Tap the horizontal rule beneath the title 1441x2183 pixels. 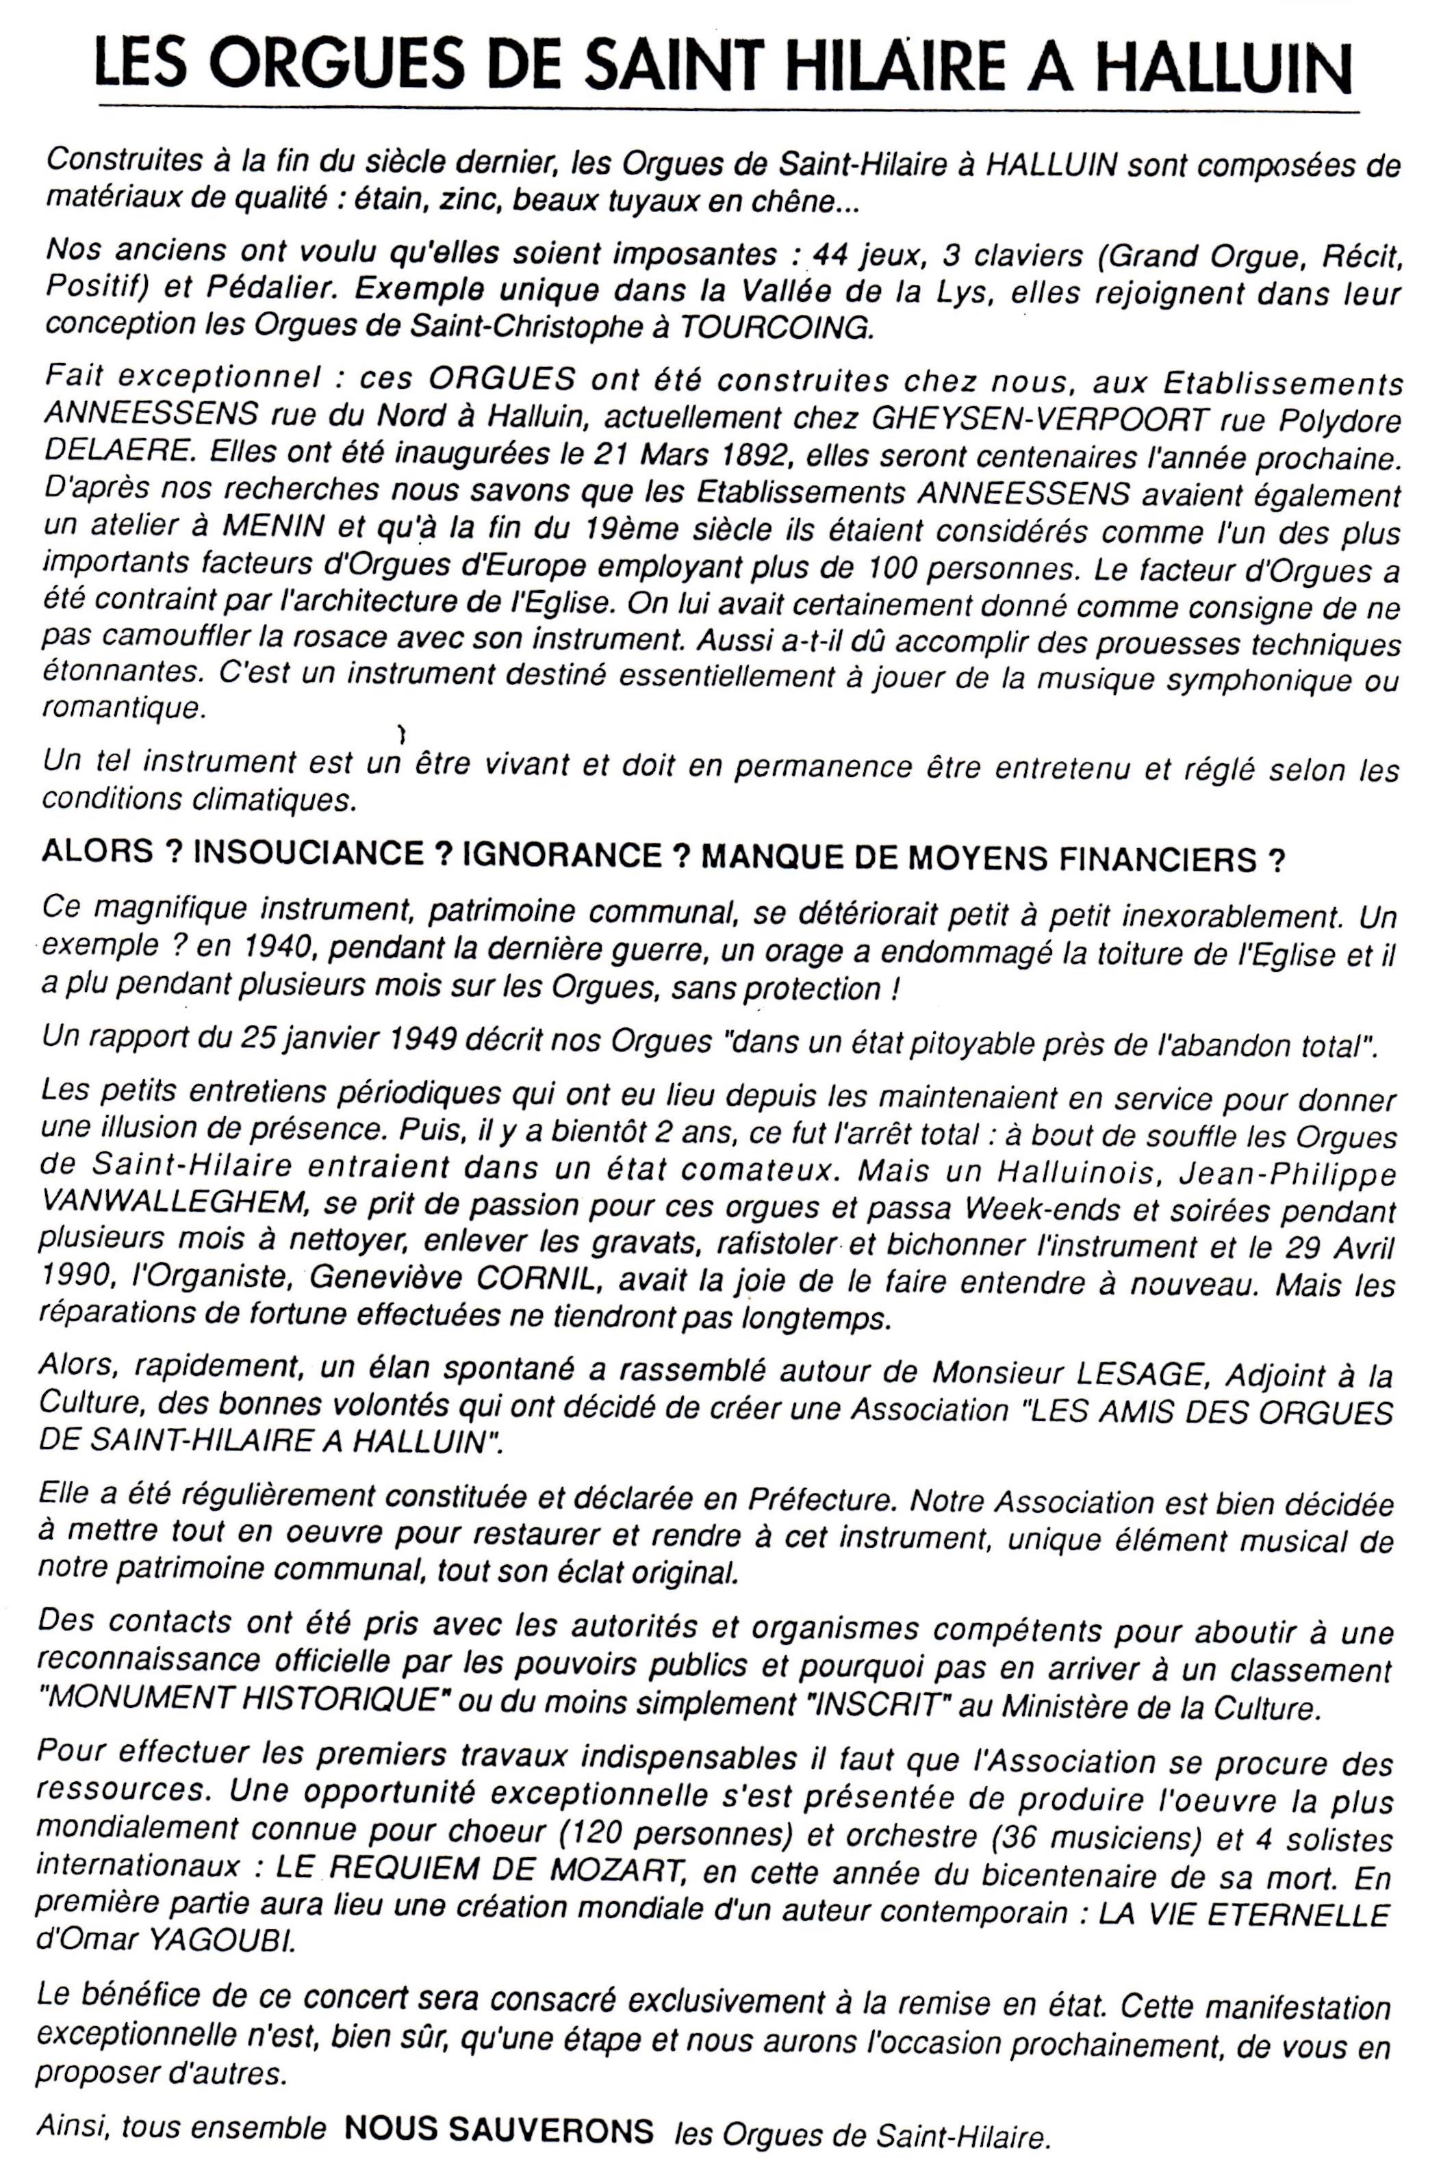726,110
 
